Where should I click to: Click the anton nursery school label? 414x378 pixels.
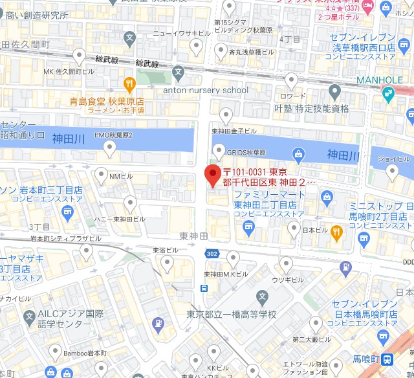pyautogui.click(x=205, y=90)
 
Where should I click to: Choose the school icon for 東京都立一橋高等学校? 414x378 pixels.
pyautogui.click(x=262, y=298)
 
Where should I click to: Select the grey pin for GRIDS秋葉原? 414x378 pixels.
pyautogui.click(x=218, y=151)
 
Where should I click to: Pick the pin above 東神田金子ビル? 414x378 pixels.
pyautogui.click(x=226, y=115)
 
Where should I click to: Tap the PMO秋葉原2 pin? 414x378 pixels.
pyautogui.click(x=111, y=149)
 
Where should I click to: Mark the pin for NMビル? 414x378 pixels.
pyautogui.click(x=102, y=174)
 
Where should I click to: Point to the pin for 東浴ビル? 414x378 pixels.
pyautogui.click(x=167, y=262)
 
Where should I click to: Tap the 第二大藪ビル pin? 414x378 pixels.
pyautogui.click(x=315, y=323)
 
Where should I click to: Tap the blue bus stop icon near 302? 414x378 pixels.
pyautogui.click(x=204, y=288)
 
